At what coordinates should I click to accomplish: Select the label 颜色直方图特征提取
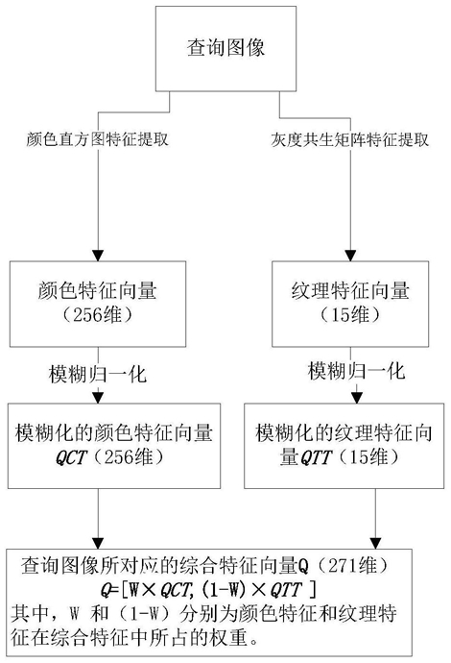[x=98, y=139]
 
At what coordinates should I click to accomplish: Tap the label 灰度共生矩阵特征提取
[x=349, y=139]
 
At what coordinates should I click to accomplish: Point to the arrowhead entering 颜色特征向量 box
[x=98, y=256]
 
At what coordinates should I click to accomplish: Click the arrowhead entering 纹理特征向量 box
[x=350, y=256]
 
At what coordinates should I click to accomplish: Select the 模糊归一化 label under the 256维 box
[x=98, y=374]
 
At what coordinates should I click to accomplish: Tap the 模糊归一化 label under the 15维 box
[x=356, y=371]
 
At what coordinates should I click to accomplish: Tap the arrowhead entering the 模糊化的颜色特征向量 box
[x=98, y=398]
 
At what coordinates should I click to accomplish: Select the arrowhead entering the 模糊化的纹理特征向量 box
[x=357, y=398]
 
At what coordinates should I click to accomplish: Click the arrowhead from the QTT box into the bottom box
[x=375, y=543]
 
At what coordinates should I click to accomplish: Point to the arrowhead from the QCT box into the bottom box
[x=98, y=543]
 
